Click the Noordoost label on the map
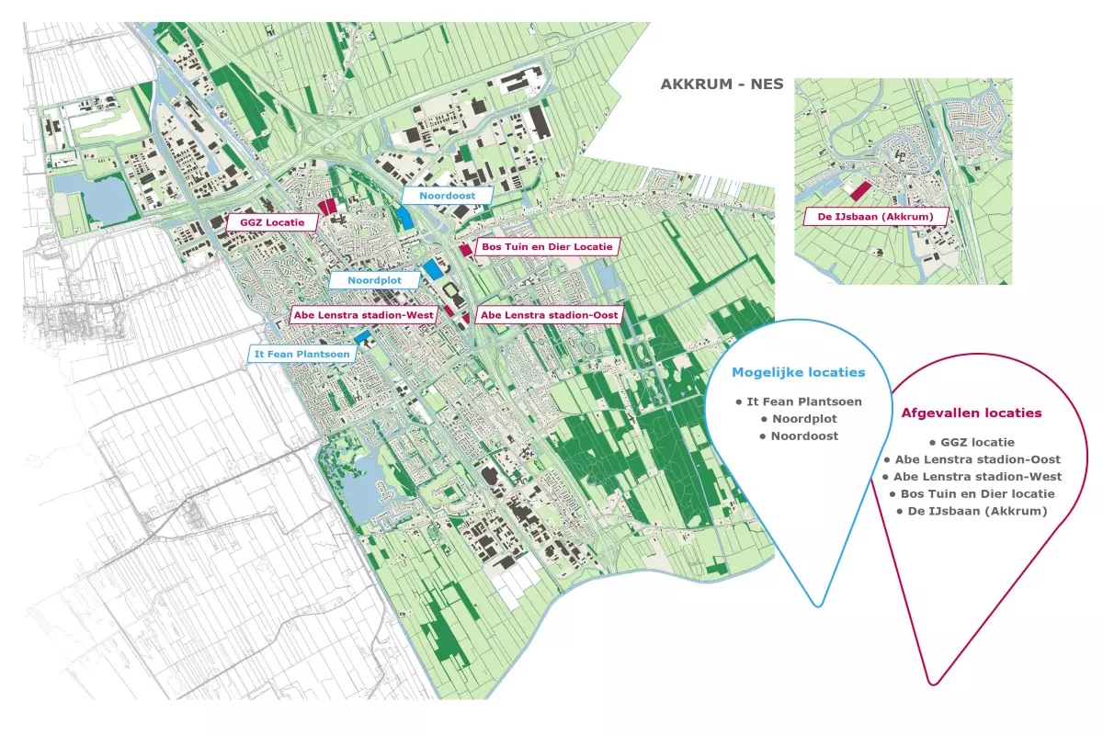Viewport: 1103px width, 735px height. tap(447, 196)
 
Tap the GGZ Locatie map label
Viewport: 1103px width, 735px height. tap(272, 222)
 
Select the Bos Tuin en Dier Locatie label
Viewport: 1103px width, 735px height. tap(547, 246)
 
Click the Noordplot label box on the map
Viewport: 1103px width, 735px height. tap(374, 280)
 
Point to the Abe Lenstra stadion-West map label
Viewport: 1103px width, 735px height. tap(363, 315)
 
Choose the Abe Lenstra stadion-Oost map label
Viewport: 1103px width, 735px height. tap(549, 315)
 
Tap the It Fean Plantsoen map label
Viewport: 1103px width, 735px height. tap(301, 354)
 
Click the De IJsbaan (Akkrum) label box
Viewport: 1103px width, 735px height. tap(875, 217)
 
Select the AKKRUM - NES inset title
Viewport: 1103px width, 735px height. tap(722, 85)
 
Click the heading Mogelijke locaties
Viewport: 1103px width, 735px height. tap(798, 372)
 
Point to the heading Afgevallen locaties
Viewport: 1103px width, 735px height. tap(971, 413)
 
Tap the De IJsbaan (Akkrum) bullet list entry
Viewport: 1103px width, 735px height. tap(972, 511)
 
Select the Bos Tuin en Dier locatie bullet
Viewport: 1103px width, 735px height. tap(972, 493)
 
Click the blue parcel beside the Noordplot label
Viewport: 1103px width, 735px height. tap(433, 269)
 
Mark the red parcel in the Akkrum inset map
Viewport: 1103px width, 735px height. tap(860, 191)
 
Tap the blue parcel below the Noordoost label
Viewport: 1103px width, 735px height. tap(404, 217)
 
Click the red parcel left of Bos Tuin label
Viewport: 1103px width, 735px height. tap(466, 250)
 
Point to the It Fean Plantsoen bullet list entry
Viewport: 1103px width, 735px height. tap(799, 401)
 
